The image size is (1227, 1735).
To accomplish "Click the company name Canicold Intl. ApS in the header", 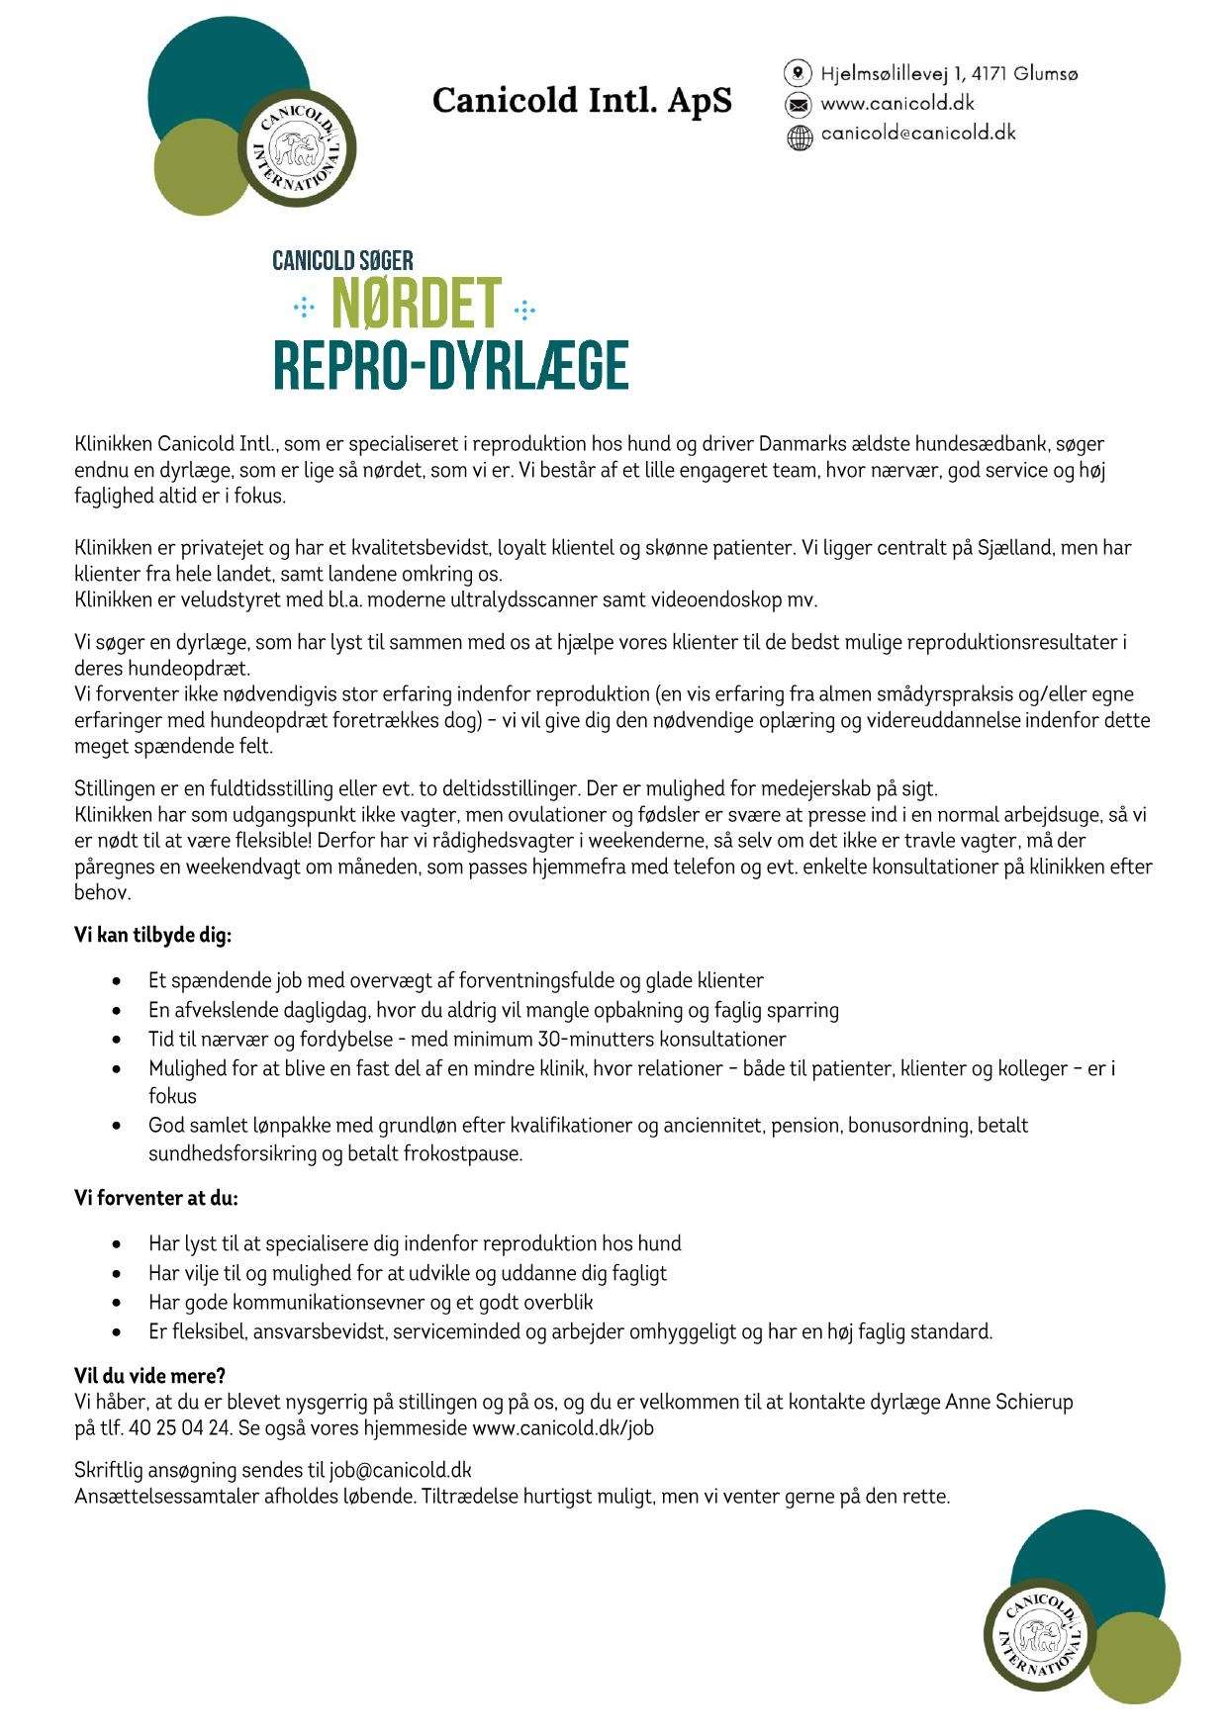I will coord(582,101).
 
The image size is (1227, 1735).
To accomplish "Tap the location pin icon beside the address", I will coord(798,73).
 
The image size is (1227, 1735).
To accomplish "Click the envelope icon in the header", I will coord(798,104).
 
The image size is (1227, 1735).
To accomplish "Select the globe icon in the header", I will coord(798,136).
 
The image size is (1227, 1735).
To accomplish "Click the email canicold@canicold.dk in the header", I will coord(918,134).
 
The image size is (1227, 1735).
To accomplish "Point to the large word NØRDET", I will coord(417,306).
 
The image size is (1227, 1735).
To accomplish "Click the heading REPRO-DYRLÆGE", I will coord(451,366).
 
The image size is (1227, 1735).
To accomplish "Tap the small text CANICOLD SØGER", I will coord(342,261).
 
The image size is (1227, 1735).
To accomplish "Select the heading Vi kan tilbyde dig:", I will coord(153,936).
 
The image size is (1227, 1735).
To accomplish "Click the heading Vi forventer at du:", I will coord(156,1198).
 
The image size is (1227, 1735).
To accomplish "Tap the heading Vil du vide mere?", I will coord(150,1376).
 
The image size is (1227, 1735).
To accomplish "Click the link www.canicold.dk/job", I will coord(562,1427).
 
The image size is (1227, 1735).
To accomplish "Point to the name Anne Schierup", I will coord(1010,1402).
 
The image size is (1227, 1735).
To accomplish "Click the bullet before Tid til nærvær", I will coord(119,1041).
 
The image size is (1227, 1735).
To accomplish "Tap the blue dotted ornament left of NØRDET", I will coord(303,311).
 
